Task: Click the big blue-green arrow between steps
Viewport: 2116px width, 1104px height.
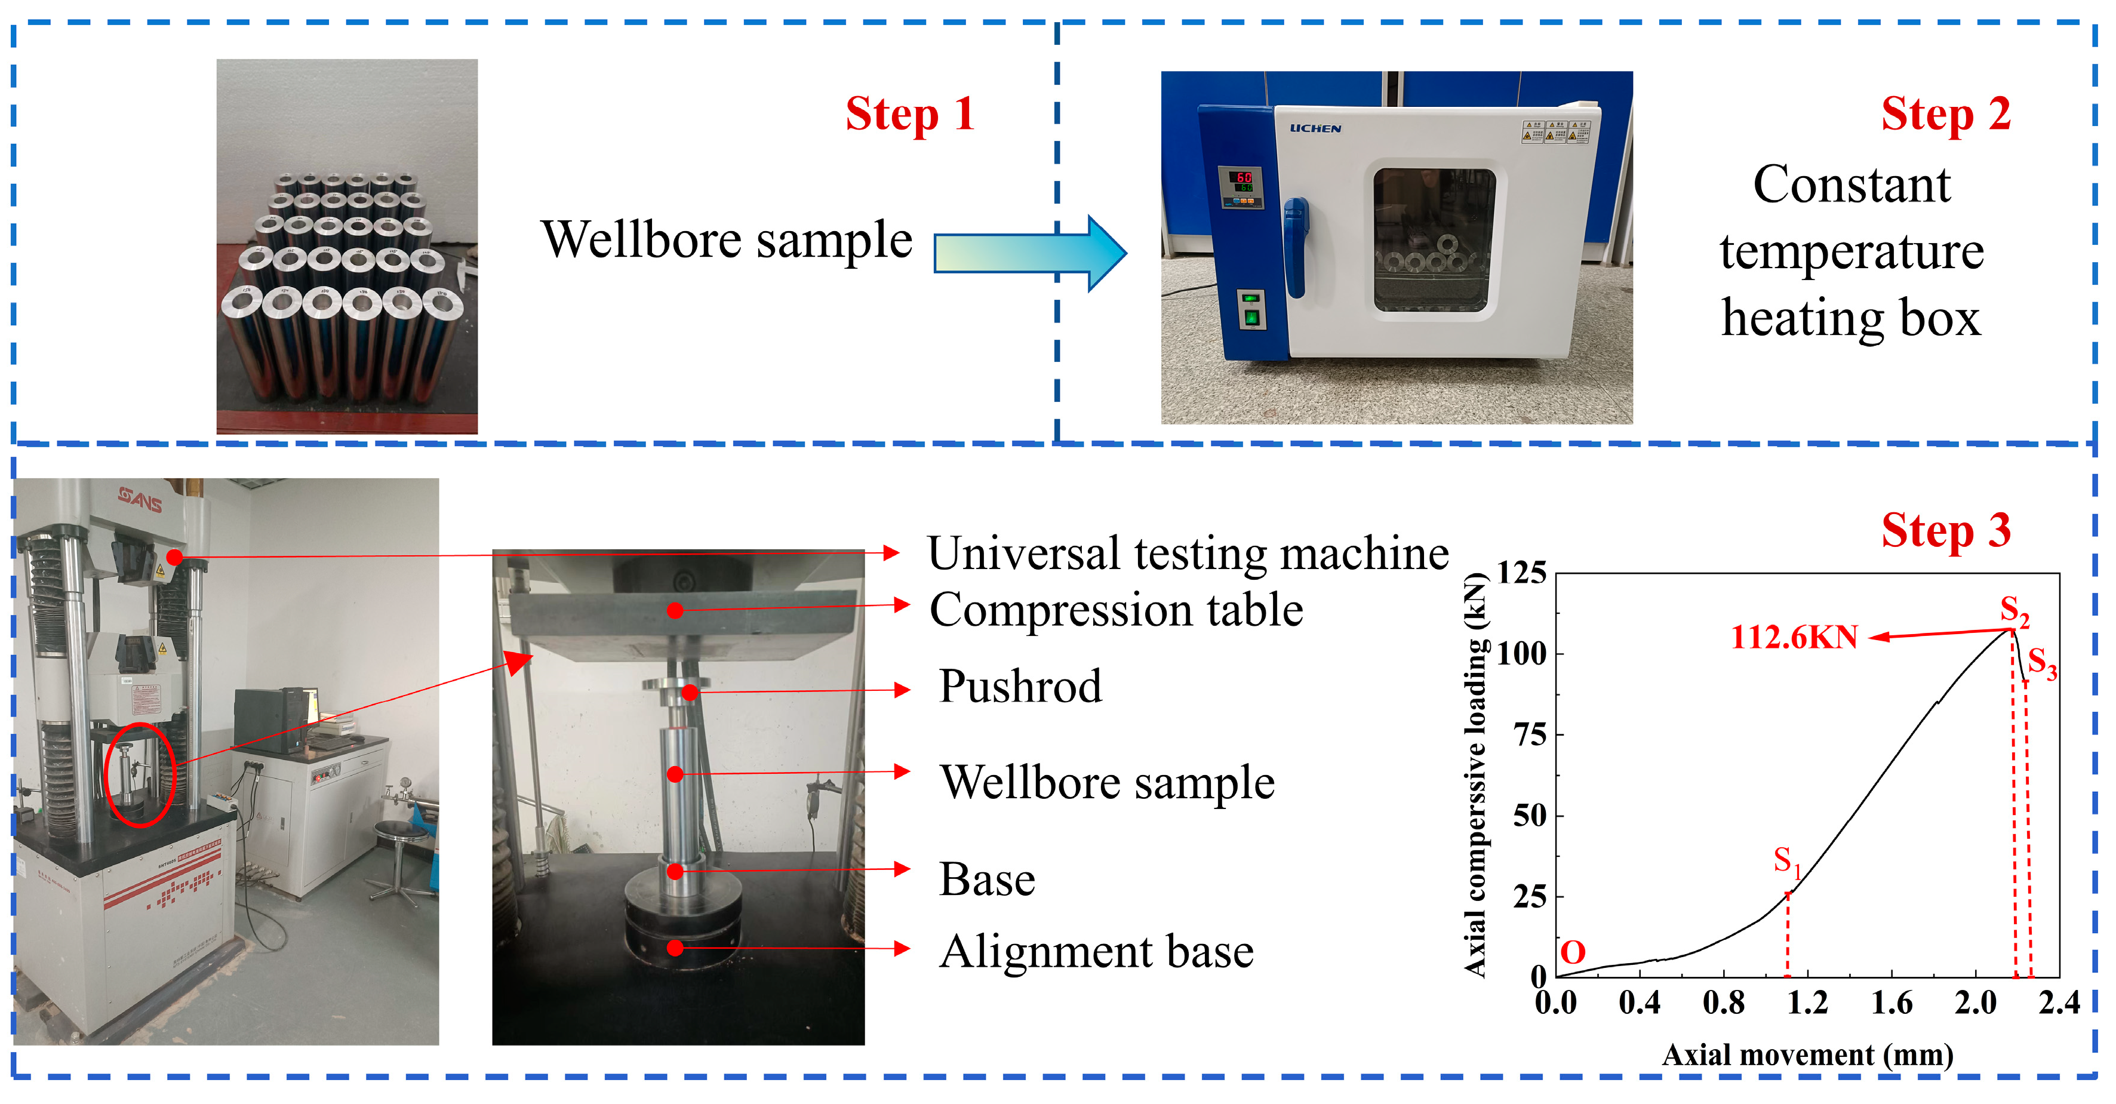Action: (x=1030, y=253)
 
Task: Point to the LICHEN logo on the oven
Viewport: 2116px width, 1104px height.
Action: (x=1315, y=128)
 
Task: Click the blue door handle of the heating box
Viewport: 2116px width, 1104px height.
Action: (x=1296, y=247)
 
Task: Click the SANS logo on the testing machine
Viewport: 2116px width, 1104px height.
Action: (x=140, y=498)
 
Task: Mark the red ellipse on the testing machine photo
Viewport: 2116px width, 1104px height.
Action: (x=140, y=774)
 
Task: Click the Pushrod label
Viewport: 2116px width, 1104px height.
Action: (x=1019, y=687)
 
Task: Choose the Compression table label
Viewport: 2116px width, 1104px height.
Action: (x=1115, y=610)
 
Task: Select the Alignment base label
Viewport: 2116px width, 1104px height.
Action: (x=1096, y=952)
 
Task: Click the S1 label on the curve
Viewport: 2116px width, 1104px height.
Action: (x=1786, y=861)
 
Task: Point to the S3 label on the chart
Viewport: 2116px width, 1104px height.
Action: (x=2041, y=662)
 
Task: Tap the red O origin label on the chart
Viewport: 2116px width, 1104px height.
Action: (x=1572, y=953)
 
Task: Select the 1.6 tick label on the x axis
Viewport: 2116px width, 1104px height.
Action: (x=1891, y=1003)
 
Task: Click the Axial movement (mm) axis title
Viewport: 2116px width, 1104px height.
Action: (x=1807, y=1054)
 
